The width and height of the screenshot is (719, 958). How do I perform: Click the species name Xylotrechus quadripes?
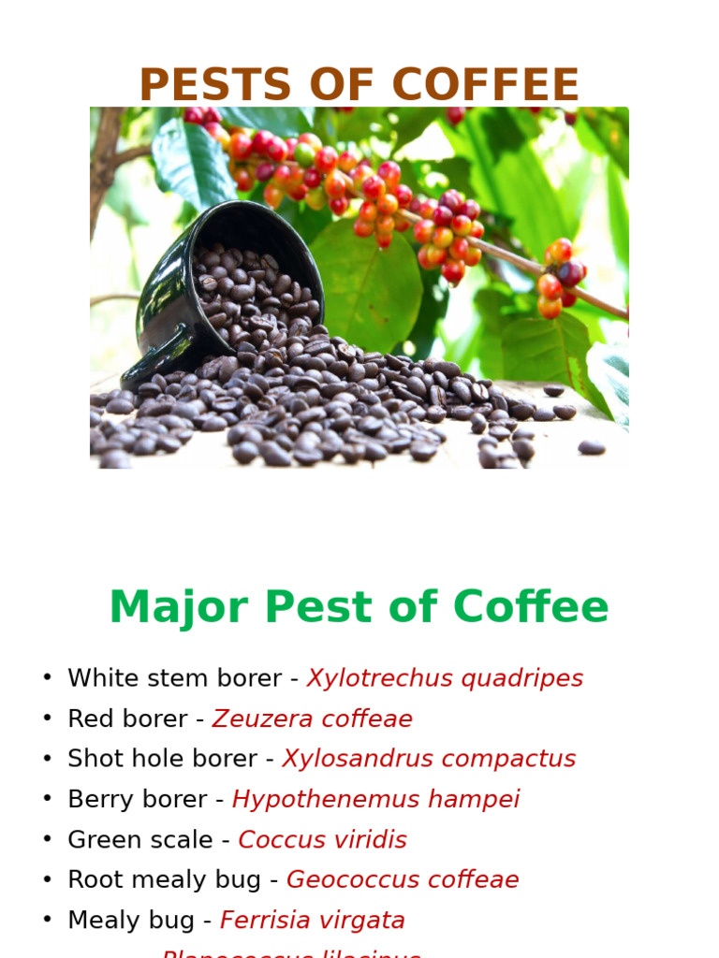pyautogui.click(x=445, y=678)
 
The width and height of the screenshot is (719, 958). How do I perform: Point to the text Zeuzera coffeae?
pyautogui.click(x=312, y=718)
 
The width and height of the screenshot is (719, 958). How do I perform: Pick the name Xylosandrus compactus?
pyautogui.click(x=429, y=759)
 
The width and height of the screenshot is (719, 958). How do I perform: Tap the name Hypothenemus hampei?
pyautogui.click(x=375, y=799)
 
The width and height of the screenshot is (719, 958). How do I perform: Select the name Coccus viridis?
pyautogui.click(x=322, y=839)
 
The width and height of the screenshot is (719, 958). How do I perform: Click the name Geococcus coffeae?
pyautogui.click(x=403, y=879)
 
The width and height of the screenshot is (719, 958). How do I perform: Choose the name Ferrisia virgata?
pyautogui.click(x=312, y=920)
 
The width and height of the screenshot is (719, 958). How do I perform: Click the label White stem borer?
pyautogui.click(x=174, y=678)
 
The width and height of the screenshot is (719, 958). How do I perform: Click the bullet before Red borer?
pyautogui.click(x=47, y=718)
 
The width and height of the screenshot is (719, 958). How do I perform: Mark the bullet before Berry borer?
pyautogui.click(x=47, y=799)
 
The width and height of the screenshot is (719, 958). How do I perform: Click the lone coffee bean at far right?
pyautogui.click(x=591, y=447)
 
